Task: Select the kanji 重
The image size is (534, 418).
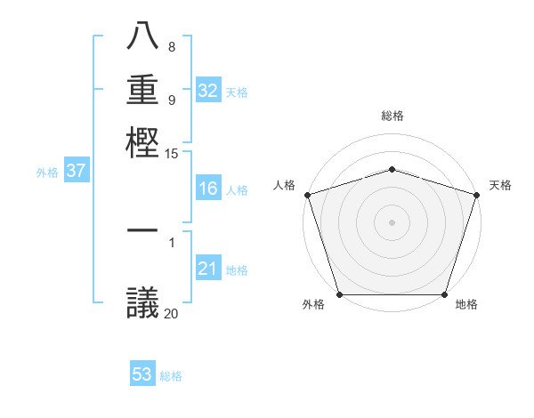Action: point(142,90)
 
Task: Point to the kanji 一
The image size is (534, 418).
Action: point(142,230)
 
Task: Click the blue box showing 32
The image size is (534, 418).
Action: point(208,91)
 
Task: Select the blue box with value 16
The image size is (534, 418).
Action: point(208,189)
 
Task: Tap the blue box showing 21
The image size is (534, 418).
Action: point(208,269)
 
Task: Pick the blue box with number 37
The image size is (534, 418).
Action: point(76,172)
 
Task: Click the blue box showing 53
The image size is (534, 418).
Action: point(142,374)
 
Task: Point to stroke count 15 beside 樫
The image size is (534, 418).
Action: point(172,154)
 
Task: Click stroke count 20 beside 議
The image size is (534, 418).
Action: point(172,312)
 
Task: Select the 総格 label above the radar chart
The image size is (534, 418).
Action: point(392,116)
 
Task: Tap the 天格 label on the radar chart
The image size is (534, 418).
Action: point(500,185)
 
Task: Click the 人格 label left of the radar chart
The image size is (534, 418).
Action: point(284,185)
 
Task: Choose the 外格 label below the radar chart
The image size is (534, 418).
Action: point(313,304)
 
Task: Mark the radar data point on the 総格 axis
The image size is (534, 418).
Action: point(392,169)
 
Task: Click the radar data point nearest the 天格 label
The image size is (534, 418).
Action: point(475,195)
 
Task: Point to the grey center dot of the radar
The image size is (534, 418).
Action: point(392,221)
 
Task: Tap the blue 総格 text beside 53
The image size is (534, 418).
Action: point(171,376)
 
